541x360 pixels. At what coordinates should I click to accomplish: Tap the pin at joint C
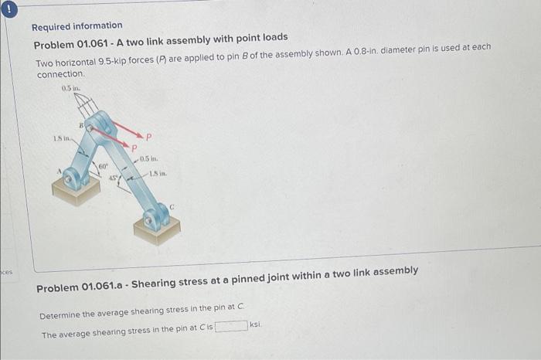pos(156,222)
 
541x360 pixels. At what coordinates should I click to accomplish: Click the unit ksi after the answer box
pos(254,325)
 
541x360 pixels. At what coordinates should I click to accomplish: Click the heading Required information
pos(77,25)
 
